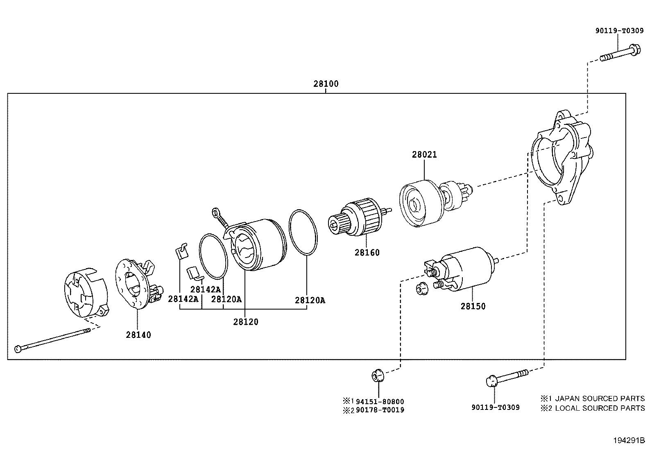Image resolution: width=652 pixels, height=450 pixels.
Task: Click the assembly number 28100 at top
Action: pyautogui.click(x=326, y=84)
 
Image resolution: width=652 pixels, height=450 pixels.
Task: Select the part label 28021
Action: pyautogui.click(x=424, y=155)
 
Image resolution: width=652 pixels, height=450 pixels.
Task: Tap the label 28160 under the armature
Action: pyautogui.click(x=367, y=253)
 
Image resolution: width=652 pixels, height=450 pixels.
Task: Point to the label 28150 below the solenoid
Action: pyautogui.click(x=473, y=306)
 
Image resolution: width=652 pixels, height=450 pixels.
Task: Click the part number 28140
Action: pyautogui.click(x=138, y=335)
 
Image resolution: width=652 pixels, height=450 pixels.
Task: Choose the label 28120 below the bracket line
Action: pyautogui.click(x=246, y=322)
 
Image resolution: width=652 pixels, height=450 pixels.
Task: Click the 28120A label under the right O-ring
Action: pyautogui.click(x=310, y=300)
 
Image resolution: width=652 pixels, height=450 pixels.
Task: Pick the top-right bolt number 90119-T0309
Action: pyautogui.click(x=619, y=31)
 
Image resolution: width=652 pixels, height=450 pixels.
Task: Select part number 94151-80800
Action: pyautogui.click(x=380, y=402)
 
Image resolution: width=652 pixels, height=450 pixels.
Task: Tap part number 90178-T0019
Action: pyautogui.click(x=380, y=410)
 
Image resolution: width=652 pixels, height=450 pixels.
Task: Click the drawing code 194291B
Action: pyautogui.click(x=629, y=441)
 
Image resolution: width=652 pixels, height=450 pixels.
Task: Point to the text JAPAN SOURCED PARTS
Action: pyautogui.click(x=597, y=398)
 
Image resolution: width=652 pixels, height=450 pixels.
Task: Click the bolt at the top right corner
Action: pyautogui.click(x=620, y=55)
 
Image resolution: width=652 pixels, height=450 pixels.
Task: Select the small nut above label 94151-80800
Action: pyautogui.click(x=377, y=375)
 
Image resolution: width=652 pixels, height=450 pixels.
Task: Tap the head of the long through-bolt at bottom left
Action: pyautogui.click(x=18, y=349)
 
